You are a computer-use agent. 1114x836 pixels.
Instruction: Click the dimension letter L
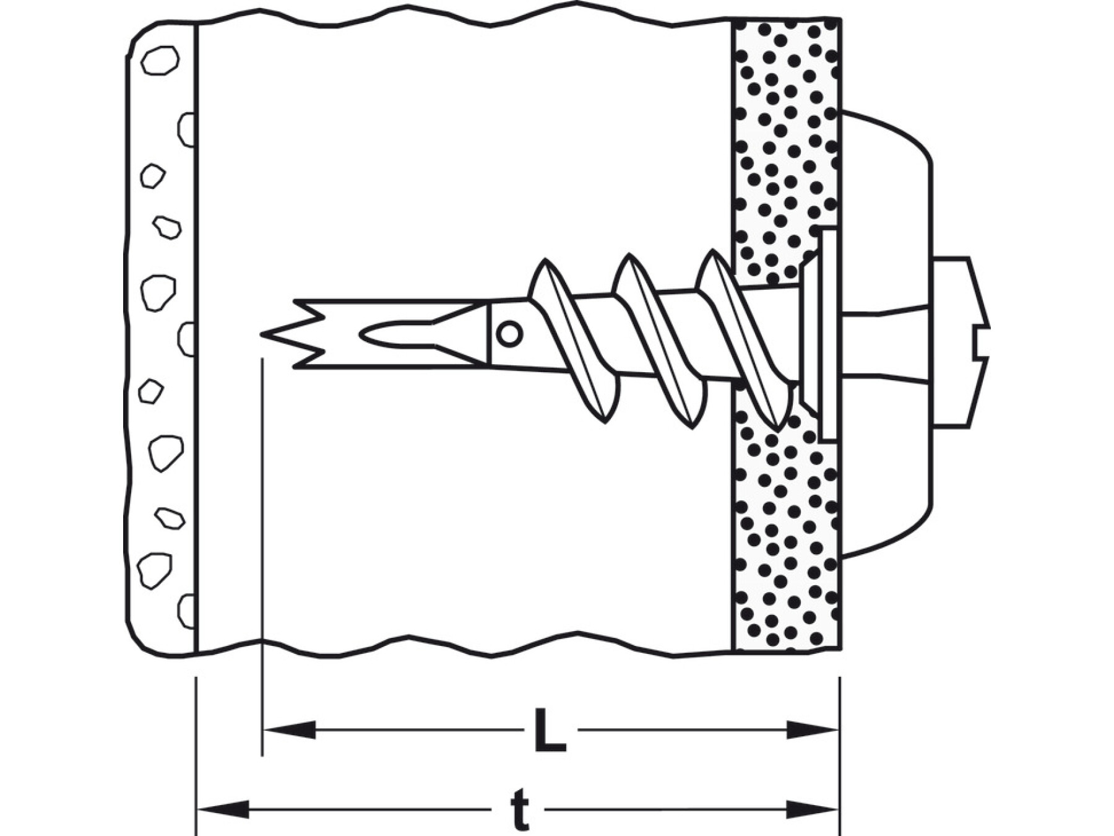pyautogui.click(x=550, y=731)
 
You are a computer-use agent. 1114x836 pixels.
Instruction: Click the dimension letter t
pyautogui.click(x=520, y=810)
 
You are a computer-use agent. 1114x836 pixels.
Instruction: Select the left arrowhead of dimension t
pyautogui.click(x=223, y=809)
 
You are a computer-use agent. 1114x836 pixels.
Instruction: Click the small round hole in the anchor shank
pyautogui.click(x=509, y=334)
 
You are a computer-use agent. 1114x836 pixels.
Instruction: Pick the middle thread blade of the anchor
pyautogui.click(x=659, y=341)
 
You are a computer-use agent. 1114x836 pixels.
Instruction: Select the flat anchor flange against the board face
pyautogui.click(x=828, y=334)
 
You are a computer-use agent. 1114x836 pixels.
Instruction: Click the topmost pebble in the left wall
pyautogui.click(x=160, y=61)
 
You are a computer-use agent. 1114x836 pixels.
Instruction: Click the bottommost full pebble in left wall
pyautogui.click(x=154, y=569)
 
